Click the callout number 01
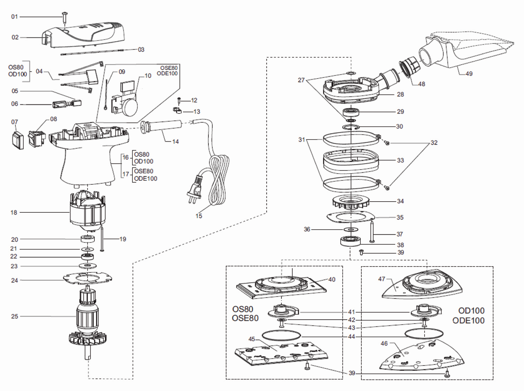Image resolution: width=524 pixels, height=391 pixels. [x=15, y=17]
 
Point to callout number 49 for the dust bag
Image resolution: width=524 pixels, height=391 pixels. [x=469, y=74]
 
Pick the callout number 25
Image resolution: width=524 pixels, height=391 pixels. [x=15, y=316]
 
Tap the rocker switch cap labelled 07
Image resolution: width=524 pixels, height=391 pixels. [x=18, y=140]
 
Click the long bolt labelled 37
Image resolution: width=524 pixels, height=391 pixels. [x=372, y=232]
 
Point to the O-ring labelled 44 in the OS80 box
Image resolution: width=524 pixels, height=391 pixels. [x=281, y=336]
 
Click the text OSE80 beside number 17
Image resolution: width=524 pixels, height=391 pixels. [x=144, y=171]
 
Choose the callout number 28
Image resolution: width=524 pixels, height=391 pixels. [x=400, y=94]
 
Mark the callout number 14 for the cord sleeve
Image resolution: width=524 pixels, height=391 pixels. [x=176, y=142]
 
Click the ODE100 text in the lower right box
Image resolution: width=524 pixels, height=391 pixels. [x=468, y=320]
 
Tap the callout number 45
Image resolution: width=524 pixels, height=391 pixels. [x=252, y=339]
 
